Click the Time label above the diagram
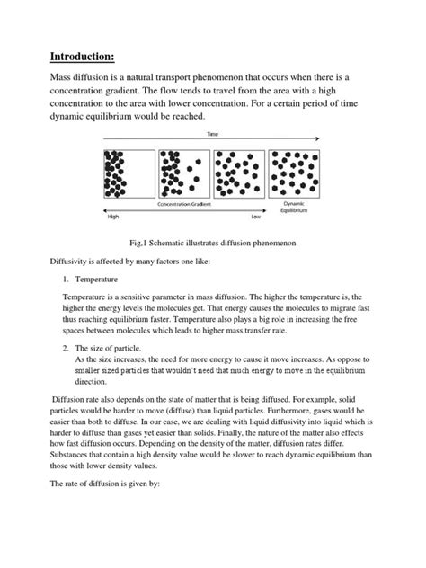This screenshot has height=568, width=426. [x=212, y=132]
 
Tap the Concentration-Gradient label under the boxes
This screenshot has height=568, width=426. [x=184, y=204]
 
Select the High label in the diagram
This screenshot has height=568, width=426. [x=113, y=217]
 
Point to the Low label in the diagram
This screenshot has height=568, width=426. [x=256, y=217]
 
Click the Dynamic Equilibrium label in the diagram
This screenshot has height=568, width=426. [x=293, y=208]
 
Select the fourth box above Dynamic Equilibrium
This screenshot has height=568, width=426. [x=293, y=169]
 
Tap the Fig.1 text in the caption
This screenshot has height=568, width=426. [x=141, y=243]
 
